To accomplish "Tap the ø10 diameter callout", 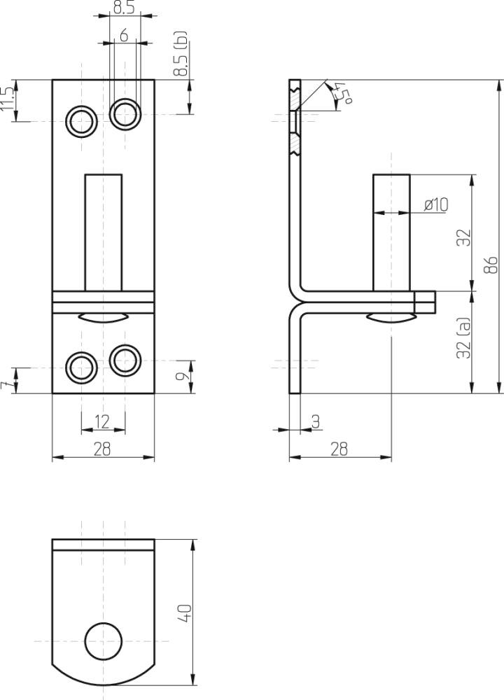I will pos(435,204).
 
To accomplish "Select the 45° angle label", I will pos(343,93).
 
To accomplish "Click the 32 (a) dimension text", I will pos(463,339).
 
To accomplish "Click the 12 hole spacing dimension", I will pos(102,421).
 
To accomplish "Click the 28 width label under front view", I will pos(102,449).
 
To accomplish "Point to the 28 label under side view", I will pos(339,449).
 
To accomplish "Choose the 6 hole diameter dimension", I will pos(124,35).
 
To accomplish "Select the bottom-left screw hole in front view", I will pos(81,367).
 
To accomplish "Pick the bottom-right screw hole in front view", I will pos(125,359).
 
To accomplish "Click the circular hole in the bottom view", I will pos(103,640).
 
